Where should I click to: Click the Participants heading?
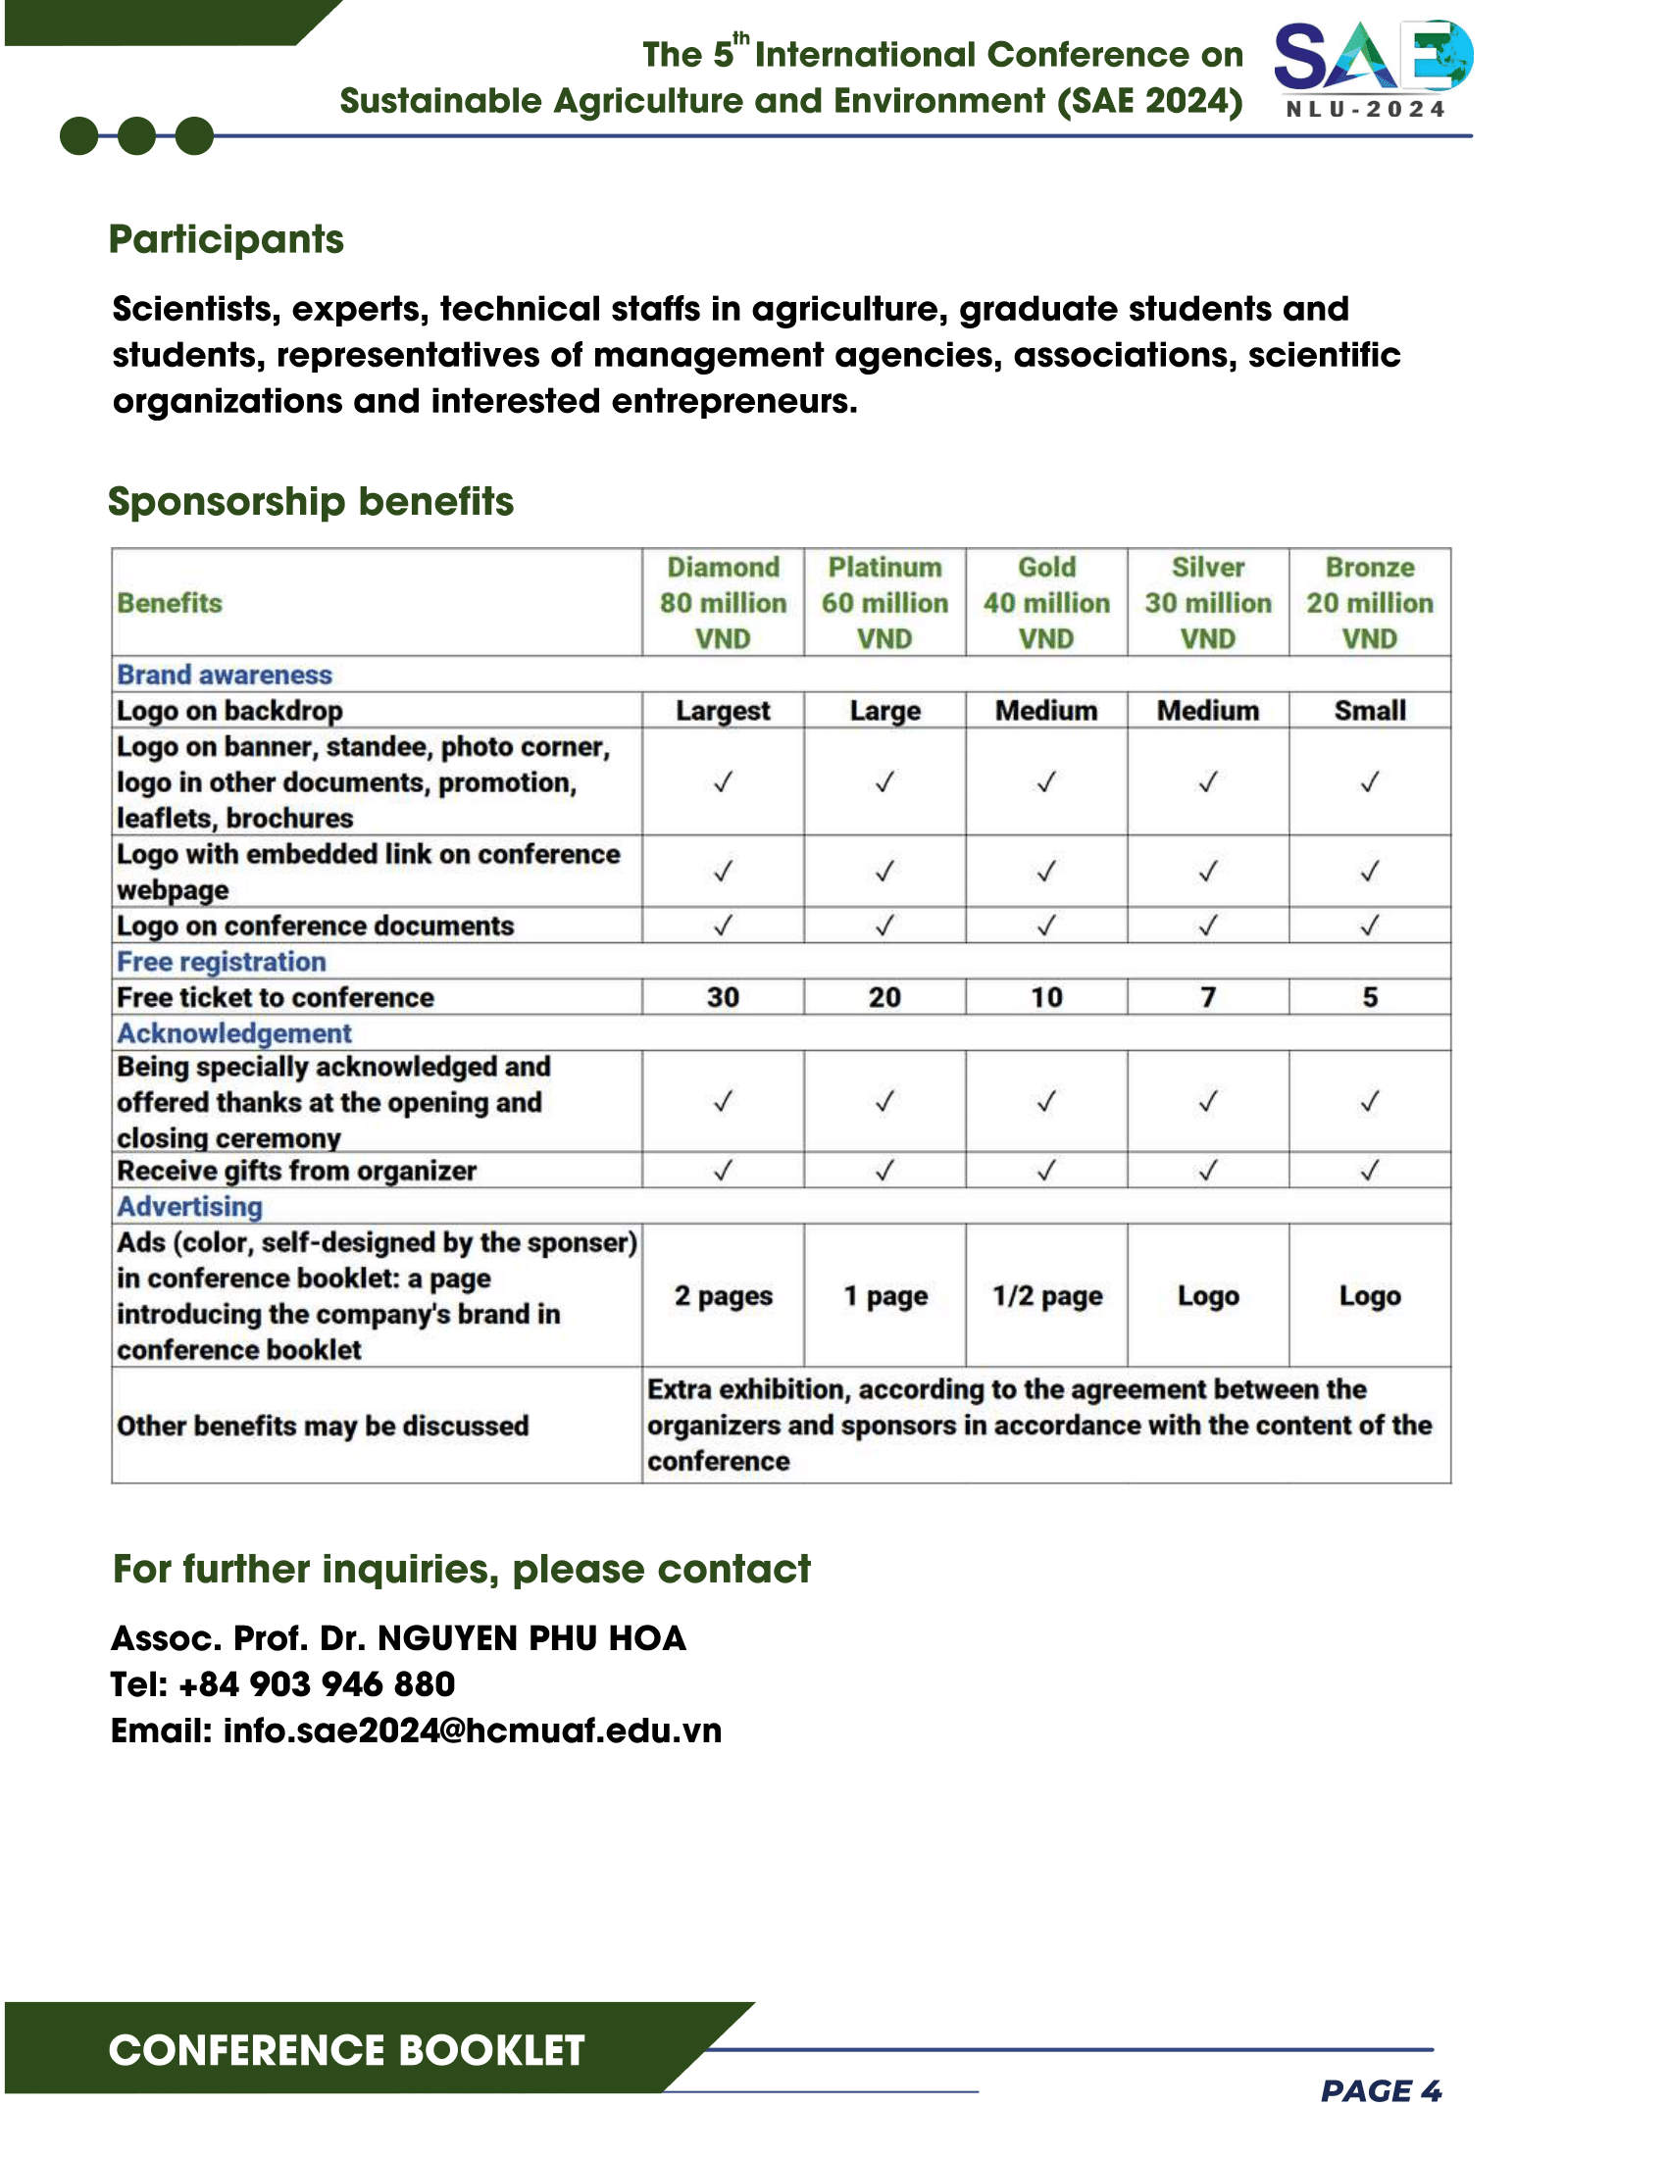(227, 239)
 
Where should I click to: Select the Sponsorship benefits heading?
(310, 502)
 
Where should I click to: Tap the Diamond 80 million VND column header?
(723, 602)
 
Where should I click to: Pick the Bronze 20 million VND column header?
(1369, 602)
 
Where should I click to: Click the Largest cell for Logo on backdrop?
(723, 711)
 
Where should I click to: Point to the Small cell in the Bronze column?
(1369, 711)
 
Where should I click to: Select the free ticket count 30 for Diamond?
(723, 997)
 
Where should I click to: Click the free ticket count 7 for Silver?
(1208, 997)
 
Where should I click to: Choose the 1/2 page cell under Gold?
(1047, 1296)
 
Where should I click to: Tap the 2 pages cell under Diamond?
(723, 1296)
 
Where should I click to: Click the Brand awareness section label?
(225, 675)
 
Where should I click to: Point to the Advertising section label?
(189, 1206)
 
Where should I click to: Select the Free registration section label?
(222, 962)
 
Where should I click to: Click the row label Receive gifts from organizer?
(296, 1171)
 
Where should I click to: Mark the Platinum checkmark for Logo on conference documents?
(884, 926)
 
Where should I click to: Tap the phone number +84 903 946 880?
(316, 1683)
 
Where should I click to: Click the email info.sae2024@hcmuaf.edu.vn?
(472, 1731)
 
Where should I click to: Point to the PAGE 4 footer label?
(1381, 2091)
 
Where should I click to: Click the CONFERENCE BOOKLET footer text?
(346, 2050)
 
